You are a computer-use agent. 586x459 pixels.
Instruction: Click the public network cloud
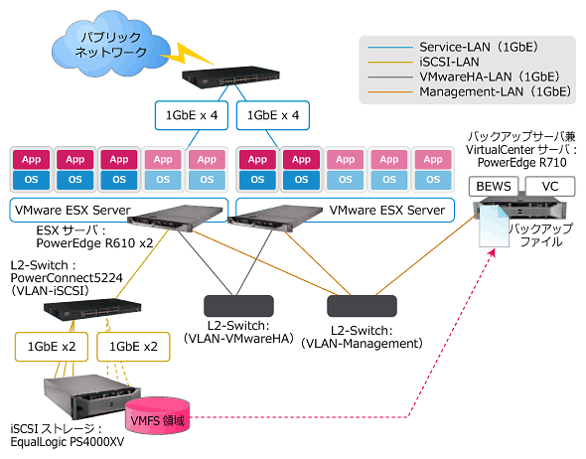click(110, 44)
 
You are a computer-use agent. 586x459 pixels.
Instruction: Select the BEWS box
click(494, 186)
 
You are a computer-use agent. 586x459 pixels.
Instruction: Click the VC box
click(550, 186)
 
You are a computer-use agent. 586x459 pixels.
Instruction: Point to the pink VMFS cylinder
click(158, 416)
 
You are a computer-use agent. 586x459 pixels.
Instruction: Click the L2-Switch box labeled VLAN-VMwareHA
click(238, 306)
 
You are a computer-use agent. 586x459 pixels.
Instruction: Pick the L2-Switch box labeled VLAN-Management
click(362, 306)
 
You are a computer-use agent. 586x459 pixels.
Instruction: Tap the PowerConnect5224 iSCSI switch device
click(92, 310)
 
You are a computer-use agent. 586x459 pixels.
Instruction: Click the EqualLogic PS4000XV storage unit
click(92, 397)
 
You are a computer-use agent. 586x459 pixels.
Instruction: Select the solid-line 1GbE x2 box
click(52, 347)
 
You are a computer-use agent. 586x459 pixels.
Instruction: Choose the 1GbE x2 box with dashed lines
click(133, 347)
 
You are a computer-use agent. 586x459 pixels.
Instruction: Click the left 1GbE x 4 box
click(192, 115)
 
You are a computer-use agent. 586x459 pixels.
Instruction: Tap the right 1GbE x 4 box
click(273, 115)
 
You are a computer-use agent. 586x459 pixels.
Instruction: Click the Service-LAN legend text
click(479, 47)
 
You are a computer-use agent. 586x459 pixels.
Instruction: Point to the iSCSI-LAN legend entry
click(449, 62)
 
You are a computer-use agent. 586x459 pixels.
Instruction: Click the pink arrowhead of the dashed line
click(493, 252)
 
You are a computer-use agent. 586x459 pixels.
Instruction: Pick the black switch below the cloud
click(230, 77)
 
